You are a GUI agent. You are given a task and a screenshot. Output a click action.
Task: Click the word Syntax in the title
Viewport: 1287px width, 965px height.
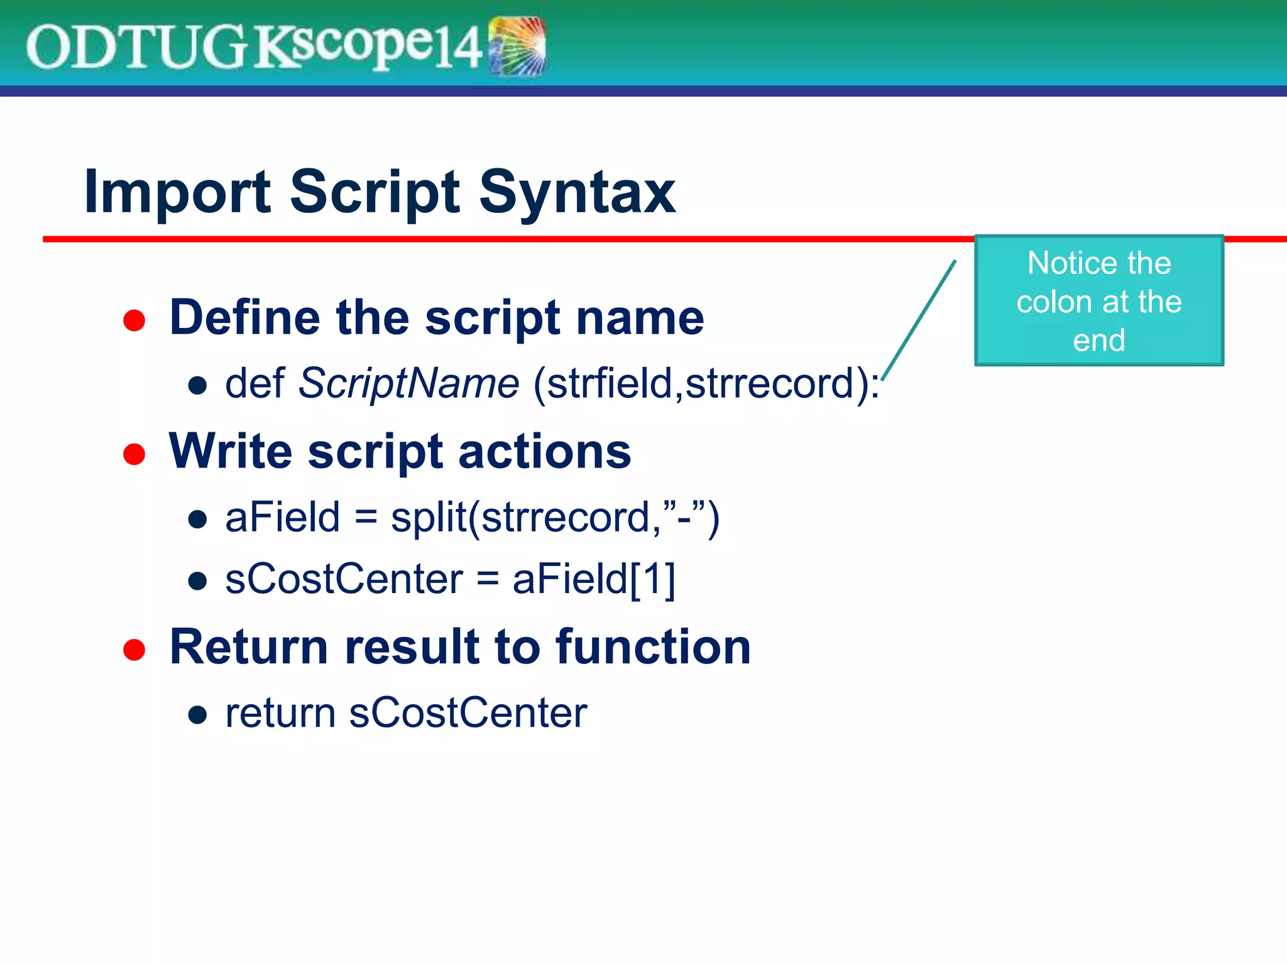(577, 192)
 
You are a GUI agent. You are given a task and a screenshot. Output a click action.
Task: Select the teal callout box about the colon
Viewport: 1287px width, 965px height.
(1098, 301)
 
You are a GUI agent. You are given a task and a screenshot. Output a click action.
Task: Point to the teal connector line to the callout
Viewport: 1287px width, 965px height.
(919, 320)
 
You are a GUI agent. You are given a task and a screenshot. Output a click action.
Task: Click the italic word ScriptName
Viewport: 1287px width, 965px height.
(408, 383)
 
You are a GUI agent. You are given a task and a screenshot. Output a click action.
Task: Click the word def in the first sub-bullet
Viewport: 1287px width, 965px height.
(255, 383)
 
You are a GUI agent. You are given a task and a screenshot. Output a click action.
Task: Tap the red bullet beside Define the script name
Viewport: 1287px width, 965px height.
(134, 320)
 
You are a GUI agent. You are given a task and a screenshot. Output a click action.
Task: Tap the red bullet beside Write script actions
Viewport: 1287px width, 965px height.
(134, 454)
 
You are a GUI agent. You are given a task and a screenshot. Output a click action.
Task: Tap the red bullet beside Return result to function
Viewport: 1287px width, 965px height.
(134, 650)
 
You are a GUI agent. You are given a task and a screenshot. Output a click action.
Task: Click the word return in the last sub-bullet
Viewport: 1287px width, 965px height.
(280, 713)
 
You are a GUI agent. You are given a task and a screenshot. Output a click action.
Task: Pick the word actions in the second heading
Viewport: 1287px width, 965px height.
(544, 452)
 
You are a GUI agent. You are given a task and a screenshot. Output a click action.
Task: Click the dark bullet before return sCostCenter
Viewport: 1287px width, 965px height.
(198, 714)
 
